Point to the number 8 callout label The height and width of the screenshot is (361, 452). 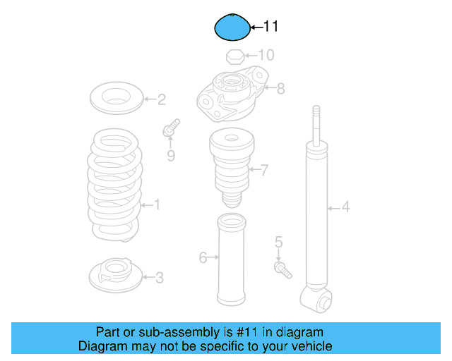[280, 89]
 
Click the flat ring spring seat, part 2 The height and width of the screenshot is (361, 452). [117, 97]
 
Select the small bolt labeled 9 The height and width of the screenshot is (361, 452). [170, 130]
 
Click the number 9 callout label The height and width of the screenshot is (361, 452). [171, 155]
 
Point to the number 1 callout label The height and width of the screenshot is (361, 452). [157, 205]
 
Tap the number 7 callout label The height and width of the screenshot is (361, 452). [265, 170]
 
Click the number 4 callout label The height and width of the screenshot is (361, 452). [345, 207]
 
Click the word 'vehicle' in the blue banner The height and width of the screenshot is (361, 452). [309, 346]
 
